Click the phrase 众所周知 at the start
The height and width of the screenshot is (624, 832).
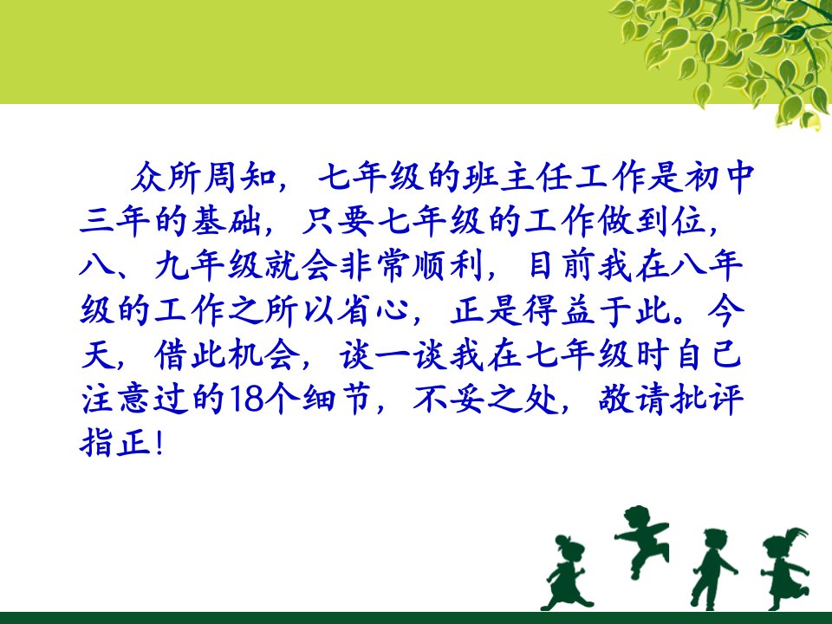(204, 177)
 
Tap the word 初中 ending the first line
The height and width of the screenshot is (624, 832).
(718, 177)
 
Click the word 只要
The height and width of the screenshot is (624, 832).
(337, 221)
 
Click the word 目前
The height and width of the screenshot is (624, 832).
(563, 266)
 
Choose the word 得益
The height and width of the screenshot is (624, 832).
(559, 310)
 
